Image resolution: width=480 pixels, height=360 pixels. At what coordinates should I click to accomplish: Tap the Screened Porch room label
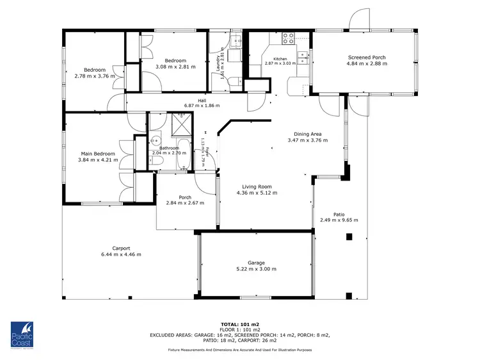366,57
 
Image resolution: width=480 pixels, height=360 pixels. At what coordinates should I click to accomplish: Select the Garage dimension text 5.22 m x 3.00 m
256,269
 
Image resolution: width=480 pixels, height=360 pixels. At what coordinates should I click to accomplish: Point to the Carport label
121,248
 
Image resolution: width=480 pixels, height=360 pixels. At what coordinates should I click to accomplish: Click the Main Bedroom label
98,154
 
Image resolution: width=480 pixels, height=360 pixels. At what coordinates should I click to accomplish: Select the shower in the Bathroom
182,120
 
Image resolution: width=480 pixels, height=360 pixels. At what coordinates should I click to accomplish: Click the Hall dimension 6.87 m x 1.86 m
202,106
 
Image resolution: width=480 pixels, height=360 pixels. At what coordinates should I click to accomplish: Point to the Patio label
339,215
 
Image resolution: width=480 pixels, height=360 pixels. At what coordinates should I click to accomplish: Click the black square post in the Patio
349,237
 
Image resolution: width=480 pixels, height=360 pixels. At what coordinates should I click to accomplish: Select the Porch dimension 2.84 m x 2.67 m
185,203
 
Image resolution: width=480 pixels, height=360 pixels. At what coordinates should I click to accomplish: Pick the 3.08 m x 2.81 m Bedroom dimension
175,66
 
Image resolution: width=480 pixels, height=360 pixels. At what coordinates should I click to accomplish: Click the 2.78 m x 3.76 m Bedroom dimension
95,76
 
